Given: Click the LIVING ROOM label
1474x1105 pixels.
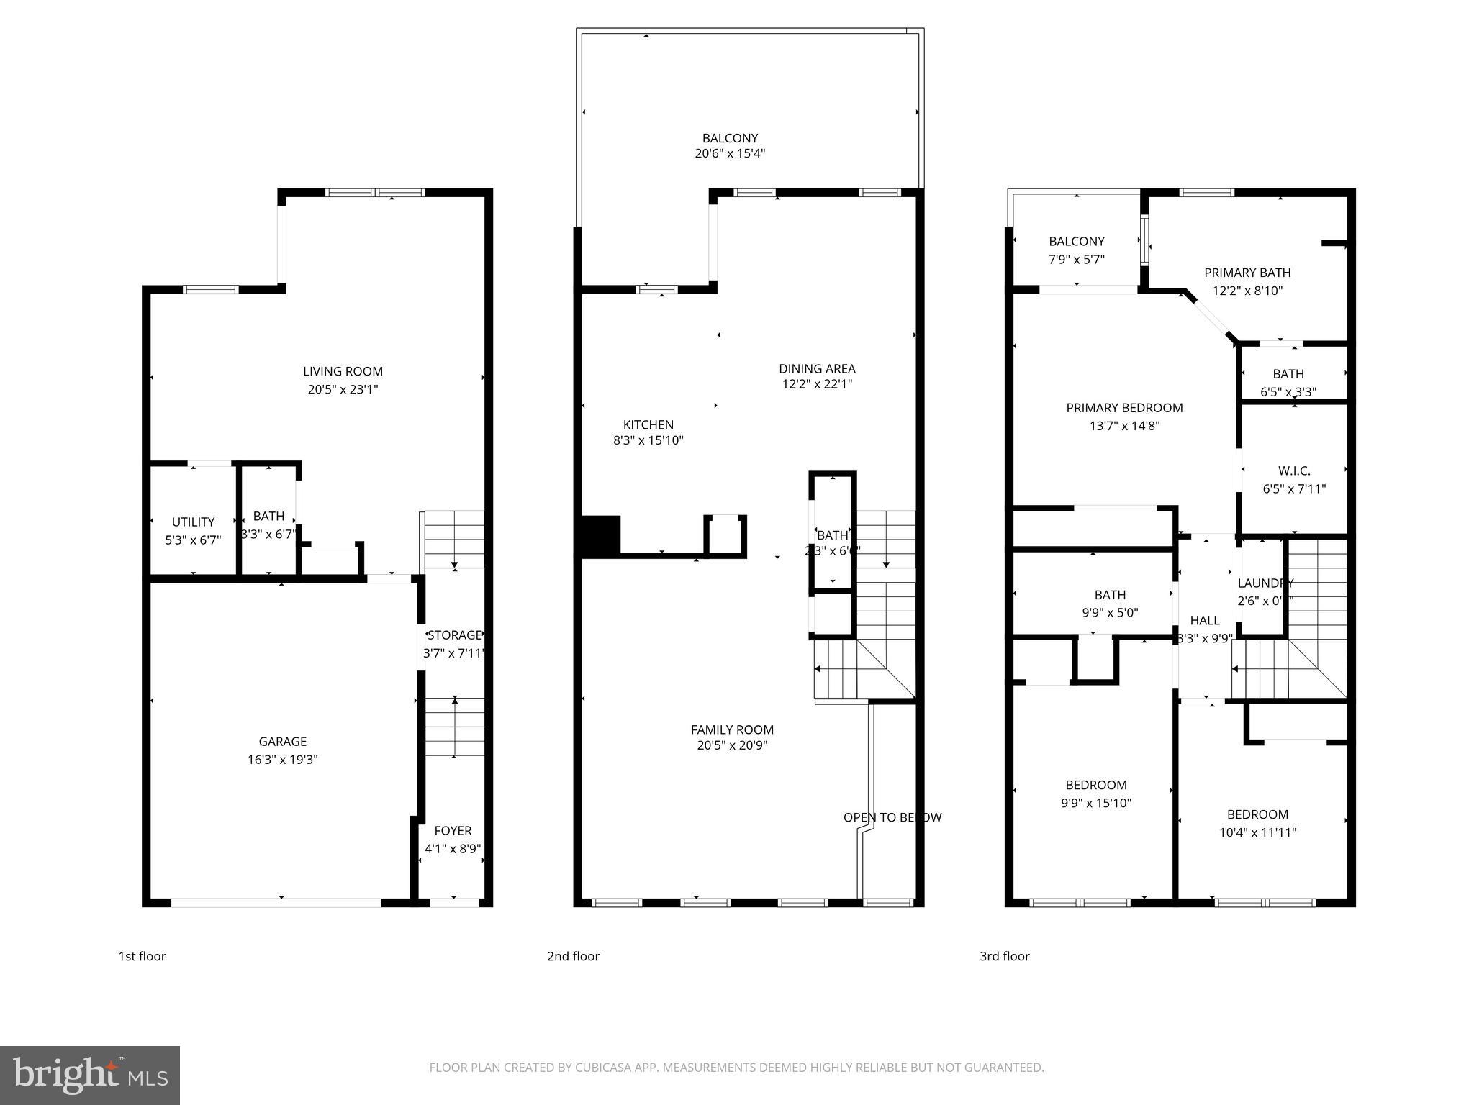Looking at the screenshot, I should [343, 371].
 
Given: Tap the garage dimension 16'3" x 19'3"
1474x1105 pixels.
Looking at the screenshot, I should [283, 759].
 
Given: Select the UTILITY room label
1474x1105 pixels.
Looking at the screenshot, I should [193, 522].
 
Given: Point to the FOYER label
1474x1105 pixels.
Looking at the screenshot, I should [453, 830].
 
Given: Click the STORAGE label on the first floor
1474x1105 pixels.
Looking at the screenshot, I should [454, 635].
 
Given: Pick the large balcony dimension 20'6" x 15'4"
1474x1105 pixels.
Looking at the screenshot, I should [730, 153].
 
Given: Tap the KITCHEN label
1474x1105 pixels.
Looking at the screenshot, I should [648, 424].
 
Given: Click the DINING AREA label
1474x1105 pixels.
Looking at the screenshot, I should [817, 368].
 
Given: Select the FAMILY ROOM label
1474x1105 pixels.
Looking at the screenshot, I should [732, 729].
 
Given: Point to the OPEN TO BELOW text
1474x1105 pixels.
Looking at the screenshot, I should [892, 817].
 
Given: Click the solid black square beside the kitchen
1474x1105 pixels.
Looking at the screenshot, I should [600, 535].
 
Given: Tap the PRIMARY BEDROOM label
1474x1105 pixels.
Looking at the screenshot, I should [1124, 408].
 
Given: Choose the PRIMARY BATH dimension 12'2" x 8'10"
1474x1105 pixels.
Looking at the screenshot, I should [1247, 291].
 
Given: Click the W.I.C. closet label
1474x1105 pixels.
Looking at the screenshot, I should [1294, 470].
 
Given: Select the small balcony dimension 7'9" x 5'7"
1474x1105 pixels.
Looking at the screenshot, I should [1076, 259].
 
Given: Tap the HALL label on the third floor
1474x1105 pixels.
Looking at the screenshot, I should [1204, 620].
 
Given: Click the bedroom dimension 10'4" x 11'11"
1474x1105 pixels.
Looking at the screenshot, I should [1257, 832].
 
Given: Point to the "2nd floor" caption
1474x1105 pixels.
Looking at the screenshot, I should [573, 956].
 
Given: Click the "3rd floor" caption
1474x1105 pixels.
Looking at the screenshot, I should [1004, 956].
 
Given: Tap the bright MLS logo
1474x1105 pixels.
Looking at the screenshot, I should [90, 1075].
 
